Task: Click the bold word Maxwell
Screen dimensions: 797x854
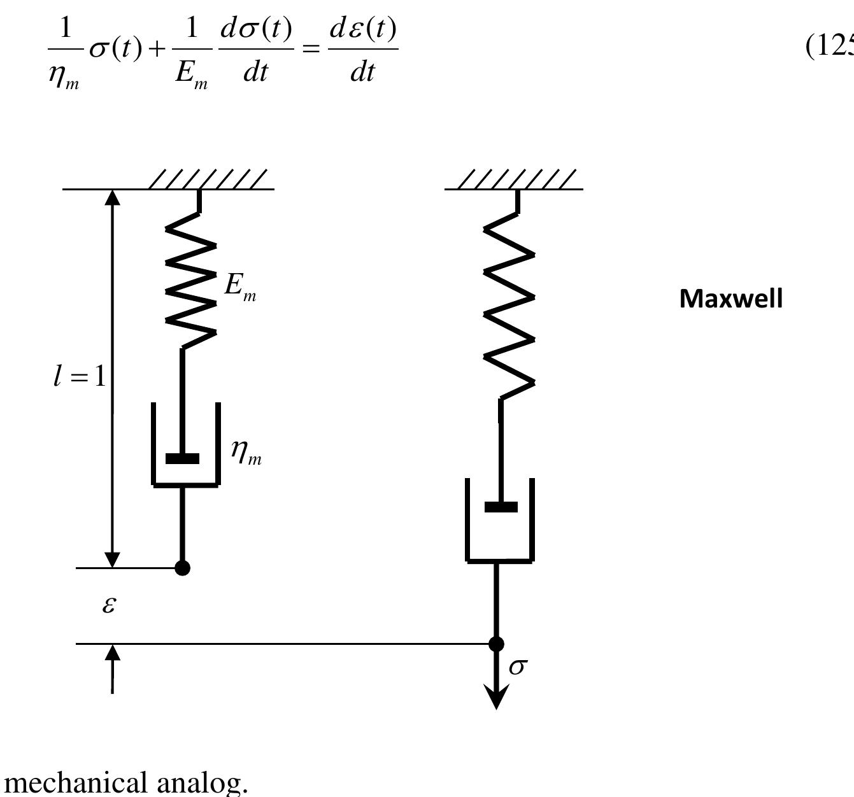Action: tap(730, 299)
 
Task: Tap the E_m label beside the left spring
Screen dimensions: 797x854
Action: tap(240, 286)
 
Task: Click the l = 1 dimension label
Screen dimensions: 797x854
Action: tap(80, 377)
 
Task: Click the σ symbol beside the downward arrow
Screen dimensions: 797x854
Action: tap(518, 667)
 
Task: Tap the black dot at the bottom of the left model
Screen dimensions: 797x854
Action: tap(182, 568)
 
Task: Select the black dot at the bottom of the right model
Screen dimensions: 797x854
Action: tap(496, 644)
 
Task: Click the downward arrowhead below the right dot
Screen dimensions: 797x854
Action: tap(496, 697)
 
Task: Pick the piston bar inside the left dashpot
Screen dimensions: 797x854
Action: tap(182, 458)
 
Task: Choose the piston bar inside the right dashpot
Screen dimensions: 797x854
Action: tap(501, 507)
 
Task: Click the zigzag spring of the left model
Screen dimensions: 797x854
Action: tap(190, 280)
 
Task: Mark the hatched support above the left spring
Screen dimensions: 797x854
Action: tap(207, 180)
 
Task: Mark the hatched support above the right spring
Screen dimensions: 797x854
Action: tap(516, 180)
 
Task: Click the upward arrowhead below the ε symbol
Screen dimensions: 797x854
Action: tap(112, 653)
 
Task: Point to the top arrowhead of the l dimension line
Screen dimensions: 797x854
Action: tap(112, 197)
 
